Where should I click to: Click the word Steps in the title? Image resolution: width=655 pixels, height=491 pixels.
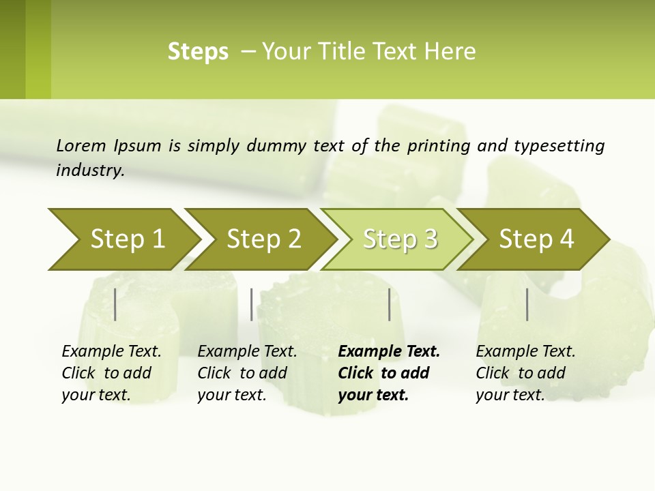[x=198, y=52]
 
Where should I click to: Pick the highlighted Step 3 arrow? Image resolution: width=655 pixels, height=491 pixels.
[x=400, y=239]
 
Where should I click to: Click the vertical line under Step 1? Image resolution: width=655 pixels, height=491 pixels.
[x=115, y=304]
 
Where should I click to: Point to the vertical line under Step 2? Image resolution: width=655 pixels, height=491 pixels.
[x=252, y=304]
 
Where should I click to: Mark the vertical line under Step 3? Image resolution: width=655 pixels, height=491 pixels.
[x=390, y=304]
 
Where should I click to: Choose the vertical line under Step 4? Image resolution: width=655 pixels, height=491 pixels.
[x=527, y=304]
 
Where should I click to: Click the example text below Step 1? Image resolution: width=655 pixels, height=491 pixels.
[x=111, y=373]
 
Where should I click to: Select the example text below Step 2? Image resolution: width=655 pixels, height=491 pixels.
[x=246, y=373]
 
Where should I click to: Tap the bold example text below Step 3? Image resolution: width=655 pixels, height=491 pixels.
[x=388, y=373]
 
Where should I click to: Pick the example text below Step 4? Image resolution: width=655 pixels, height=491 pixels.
[x=525, y=373]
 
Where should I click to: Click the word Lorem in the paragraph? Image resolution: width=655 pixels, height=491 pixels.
[x=81, y=146]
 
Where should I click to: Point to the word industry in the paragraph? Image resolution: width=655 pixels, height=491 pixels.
[x=89, y=170]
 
